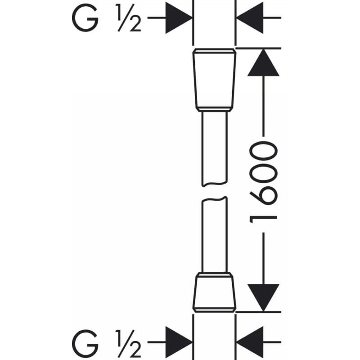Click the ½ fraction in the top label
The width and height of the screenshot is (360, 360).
click(129, 18)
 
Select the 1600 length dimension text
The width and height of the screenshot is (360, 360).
click(263, 182)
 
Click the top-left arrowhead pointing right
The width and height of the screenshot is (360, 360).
click(179, 18)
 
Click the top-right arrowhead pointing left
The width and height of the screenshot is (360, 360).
click(250, 18)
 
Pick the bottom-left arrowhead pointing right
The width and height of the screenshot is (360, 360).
click(179, 342)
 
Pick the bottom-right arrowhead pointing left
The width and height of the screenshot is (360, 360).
click(250, 342)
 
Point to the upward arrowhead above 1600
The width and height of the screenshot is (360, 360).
click(263, 62)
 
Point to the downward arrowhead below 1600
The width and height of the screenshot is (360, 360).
click(263, 298)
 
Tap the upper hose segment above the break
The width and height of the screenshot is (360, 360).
click(215, 148)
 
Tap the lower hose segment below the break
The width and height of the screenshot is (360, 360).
click(215, 234)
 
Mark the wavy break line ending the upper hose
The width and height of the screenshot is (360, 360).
click(215, 184)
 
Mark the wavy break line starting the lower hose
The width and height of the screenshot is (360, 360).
click(215, 199)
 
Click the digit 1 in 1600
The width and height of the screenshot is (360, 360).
click(263, 220)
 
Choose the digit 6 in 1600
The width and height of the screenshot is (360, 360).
click(263, 196)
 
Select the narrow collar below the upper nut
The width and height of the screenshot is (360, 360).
click(215, 109)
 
